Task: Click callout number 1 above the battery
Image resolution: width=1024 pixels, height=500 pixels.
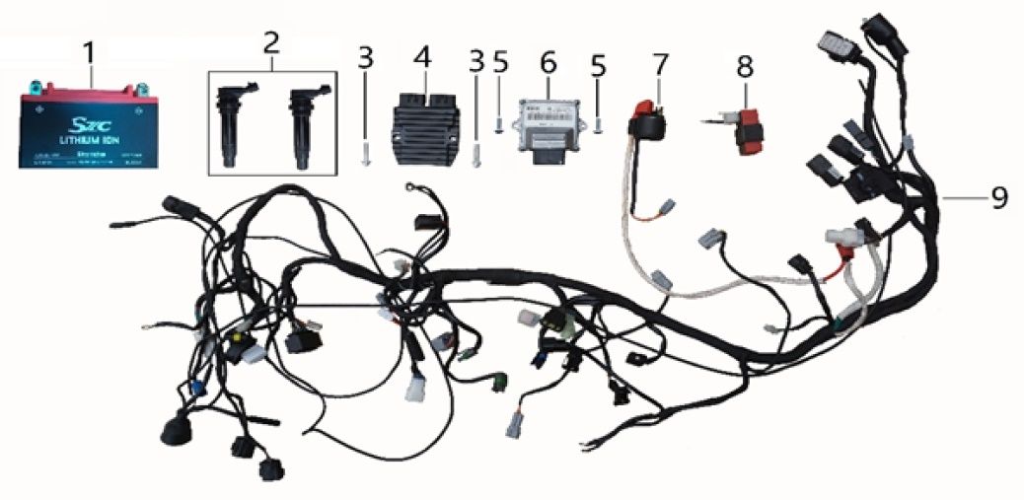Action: point(91,50)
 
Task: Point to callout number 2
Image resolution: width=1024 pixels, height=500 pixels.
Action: point(272,41)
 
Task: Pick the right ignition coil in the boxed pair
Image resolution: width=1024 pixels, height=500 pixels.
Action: point(302,126)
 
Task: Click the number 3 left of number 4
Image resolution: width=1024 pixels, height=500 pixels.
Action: point(365,57)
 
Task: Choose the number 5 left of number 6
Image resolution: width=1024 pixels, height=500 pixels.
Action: point(500,62)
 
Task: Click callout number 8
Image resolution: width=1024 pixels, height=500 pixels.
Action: point(744,67)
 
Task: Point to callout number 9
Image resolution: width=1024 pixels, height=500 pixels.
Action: point(998,198)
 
